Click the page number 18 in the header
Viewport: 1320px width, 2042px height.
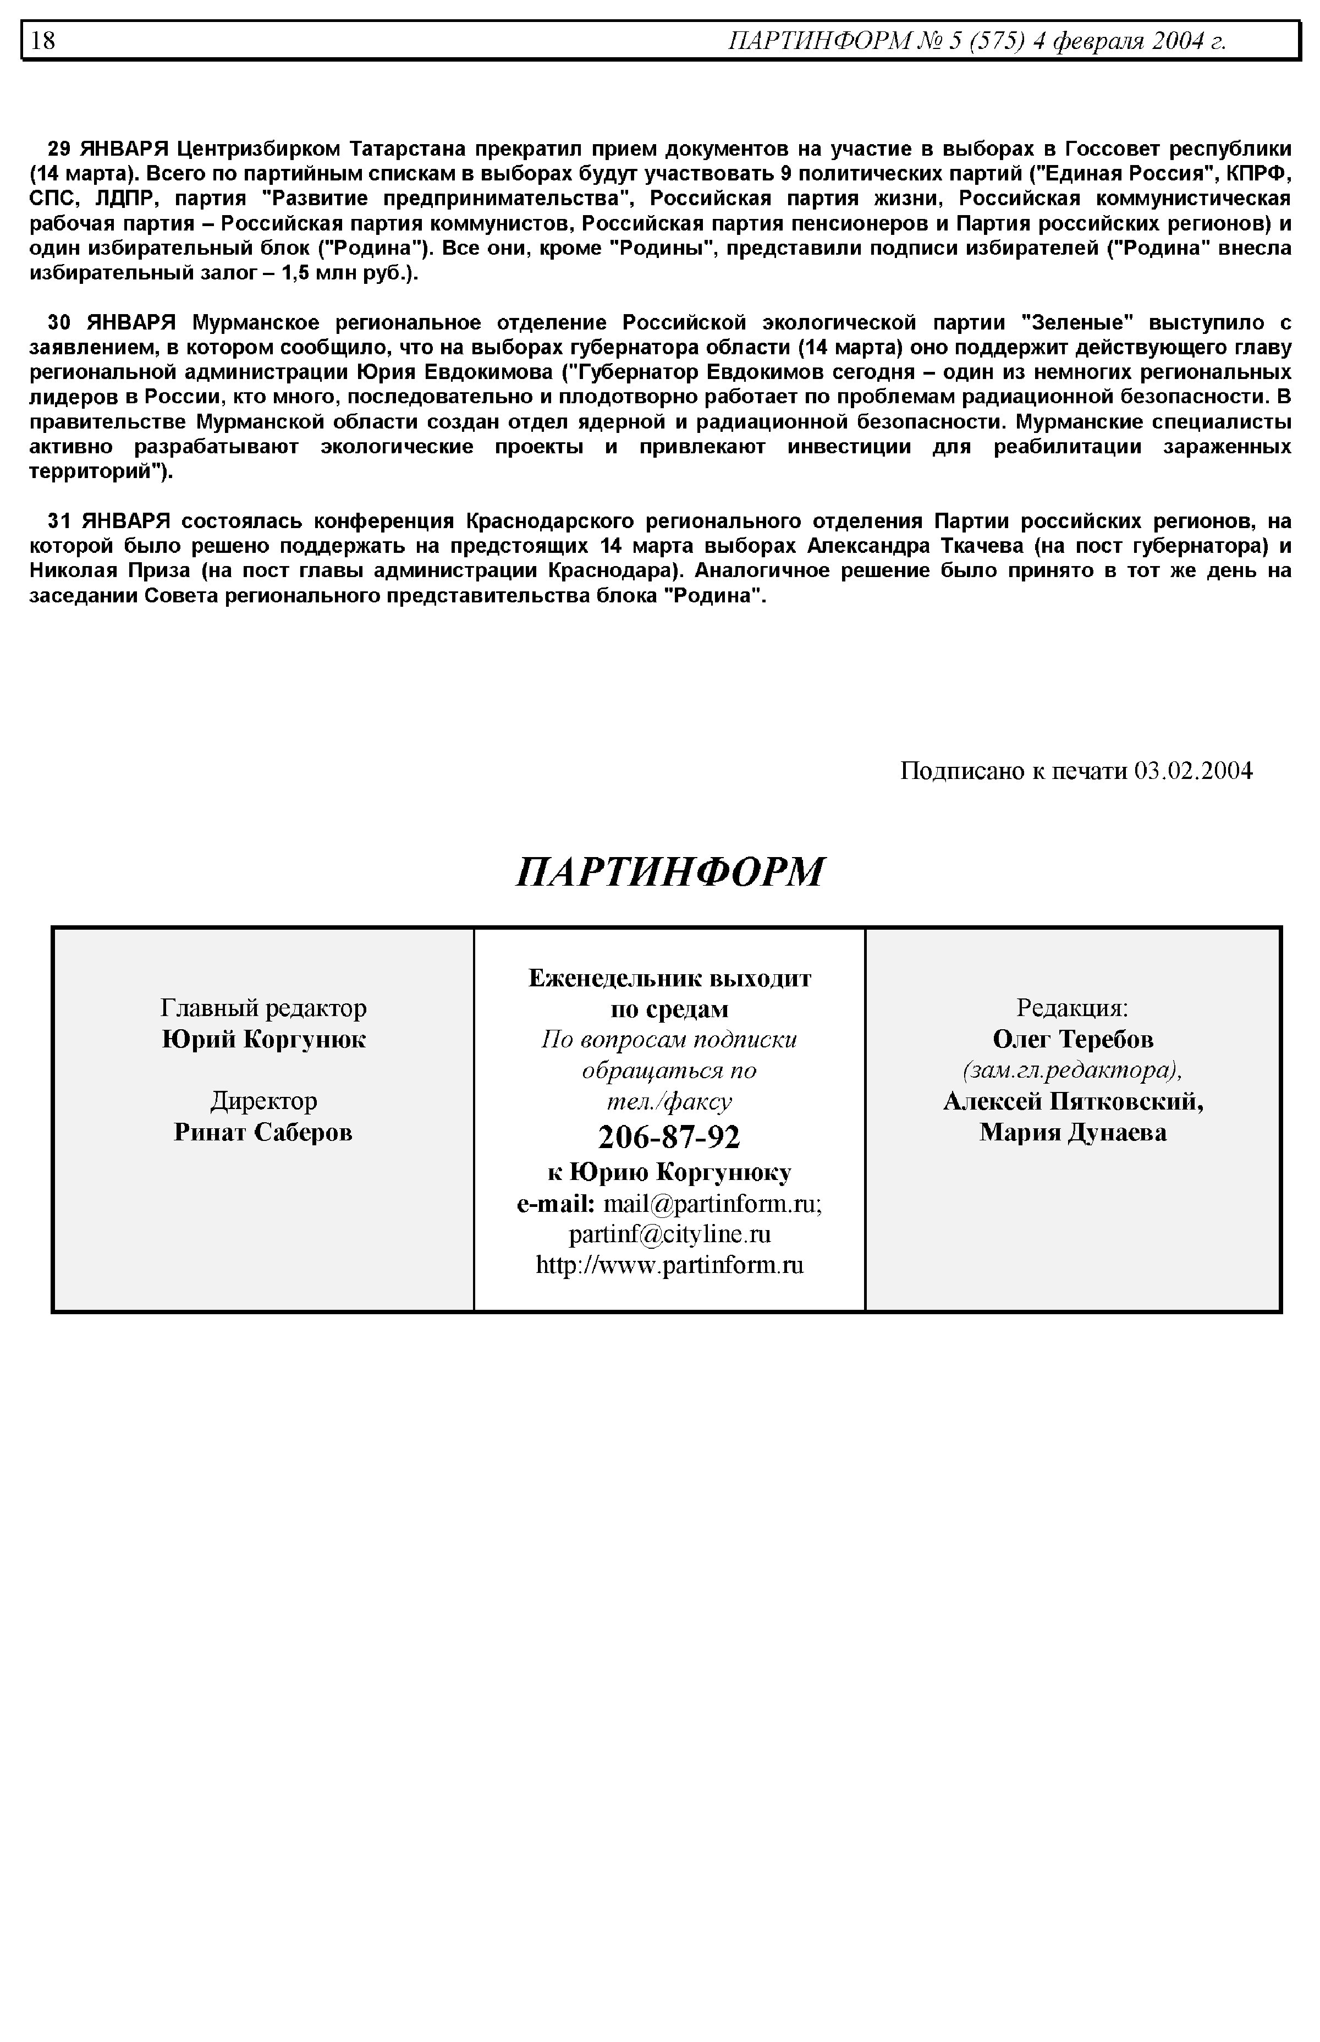click(43, 40)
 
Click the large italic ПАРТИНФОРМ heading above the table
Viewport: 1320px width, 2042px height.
click(670, 872)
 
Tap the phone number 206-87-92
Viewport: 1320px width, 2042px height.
click(669, 1137)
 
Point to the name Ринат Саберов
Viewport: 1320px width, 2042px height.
click(263, 1132)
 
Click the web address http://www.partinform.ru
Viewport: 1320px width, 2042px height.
click(669, 1265)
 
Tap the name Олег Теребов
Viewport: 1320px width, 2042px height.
click(1073, 1039)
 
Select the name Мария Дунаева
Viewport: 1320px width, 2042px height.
click(1073, 1132)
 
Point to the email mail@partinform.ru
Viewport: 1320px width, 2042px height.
click(712, 1204)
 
